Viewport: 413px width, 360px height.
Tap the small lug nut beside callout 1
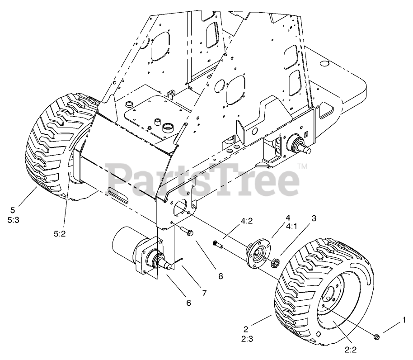[x=376, y=336]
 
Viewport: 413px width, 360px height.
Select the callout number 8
[x=221, y=275]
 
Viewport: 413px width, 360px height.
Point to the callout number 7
[x=204, y=293]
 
